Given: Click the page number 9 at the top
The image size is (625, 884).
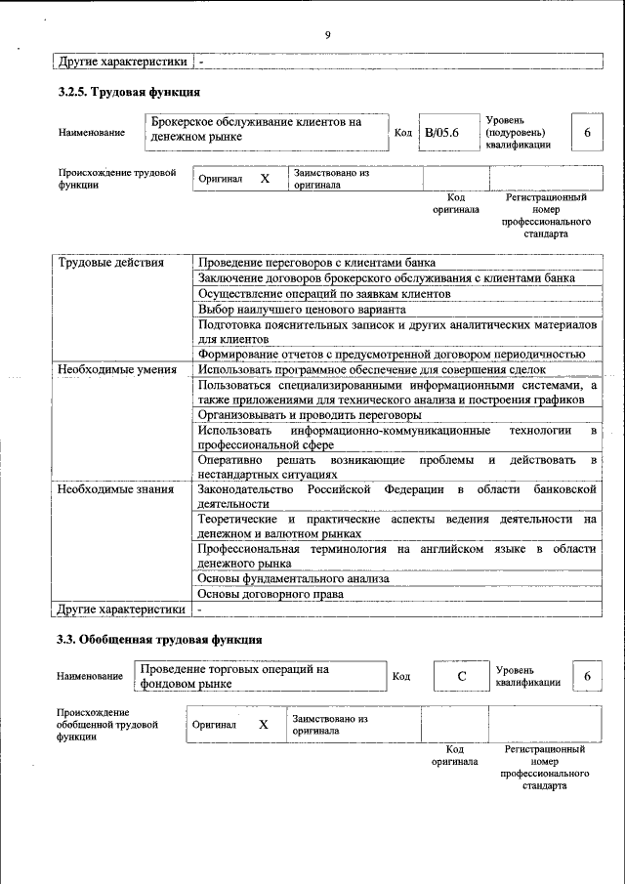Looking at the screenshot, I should pyautogui.click(x=328, y=36).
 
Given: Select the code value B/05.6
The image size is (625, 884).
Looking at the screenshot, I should pyautogui.click(x=441, y=132).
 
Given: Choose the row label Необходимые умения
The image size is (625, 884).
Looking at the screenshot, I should pyautogui.click(x=116, y=369).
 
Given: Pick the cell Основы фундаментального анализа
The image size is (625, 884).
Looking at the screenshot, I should pyautogui.click(x=293, y=578).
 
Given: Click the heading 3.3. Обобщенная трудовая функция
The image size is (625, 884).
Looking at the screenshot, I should pyautogui.click(x=159, y=640).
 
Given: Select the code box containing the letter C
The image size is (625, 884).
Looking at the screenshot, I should pyautogui.click(x=461, y=676).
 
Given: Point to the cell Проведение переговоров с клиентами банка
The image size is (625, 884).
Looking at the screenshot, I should pyautogui.click(x=316, y=263).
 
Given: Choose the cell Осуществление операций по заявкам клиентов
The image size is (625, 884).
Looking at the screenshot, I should pyautogui.click(x=323, y=293).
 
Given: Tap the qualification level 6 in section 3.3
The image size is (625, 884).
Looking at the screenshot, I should pyautogui.click(x=587, y=676).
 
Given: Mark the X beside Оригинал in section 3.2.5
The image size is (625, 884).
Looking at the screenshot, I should pyautogui.click(x=264, y=179).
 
